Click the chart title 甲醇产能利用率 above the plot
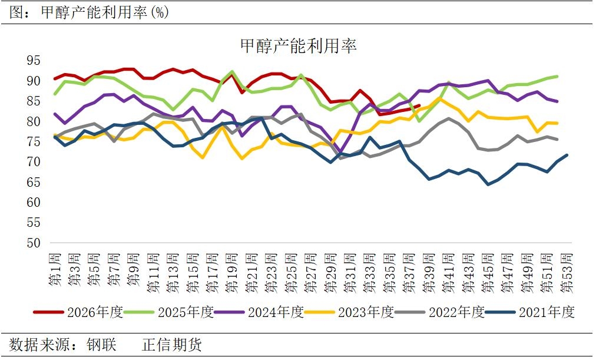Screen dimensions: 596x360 pyautogui.click(x=299, y=46)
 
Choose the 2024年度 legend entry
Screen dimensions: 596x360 pyautogui.click(x=259, y=312)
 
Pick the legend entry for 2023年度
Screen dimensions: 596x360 pyautogui.click(x=350, y=312)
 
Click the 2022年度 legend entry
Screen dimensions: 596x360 pyautogui.click(x=440, y=312)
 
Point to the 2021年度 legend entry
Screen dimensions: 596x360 pyautogui.click(x=530, y=312)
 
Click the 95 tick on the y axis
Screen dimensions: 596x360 pyautogui.click(x=34, y=61)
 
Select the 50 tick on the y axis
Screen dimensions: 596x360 pyautogui.click(x=34, y=243)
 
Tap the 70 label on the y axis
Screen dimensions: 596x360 pyautogui.click(x=34, y=162)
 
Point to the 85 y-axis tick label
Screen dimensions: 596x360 pyautogui.click(x=34, y=101)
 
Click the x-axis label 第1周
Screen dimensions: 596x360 pyautogui.click(x=55, y=269)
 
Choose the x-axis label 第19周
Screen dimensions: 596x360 pyautogui.click(x=232, y=273)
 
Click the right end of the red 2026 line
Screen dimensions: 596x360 pyautogui.click(x=419, y=105)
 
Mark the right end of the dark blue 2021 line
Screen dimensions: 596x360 pyautogui.click(x=567, y=155)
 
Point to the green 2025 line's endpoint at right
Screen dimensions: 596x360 pyautogui.click(x=557, y=77)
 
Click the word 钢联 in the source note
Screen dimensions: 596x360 pyautogui.click(x=101, y=345)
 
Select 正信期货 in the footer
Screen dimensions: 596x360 pyautogui.click(x=171, y=345)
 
